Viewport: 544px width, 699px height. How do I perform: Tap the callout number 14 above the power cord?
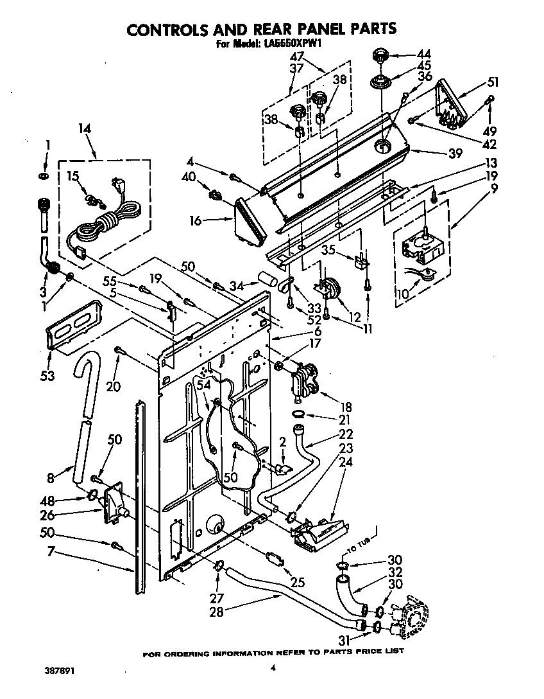(x=85, y=128)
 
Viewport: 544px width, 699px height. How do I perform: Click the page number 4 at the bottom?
(x=273, y=668)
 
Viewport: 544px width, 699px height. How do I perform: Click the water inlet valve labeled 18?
(x=303, y=382)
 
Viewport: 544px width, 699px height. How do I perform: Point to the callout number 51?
(x=492, y=82)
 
